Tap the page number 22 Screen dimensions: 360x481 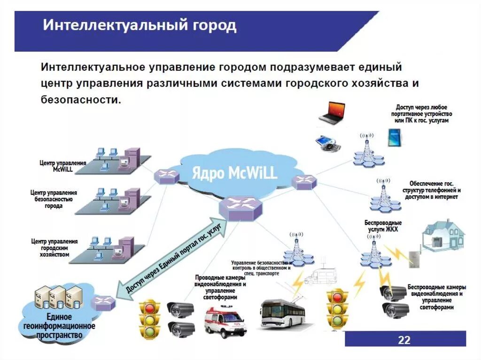pos(404,339)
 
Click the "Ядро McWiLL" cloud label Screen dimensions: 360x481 pos(234,173)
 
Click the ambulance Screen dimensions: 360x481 pos(225,322)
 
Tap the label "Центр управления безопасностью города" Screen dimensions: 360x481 pos(54,199)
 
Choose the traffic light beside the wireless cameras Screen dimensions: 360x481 pos(337,308)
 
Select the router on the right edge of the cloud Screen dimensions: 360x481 pos(304,182)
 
